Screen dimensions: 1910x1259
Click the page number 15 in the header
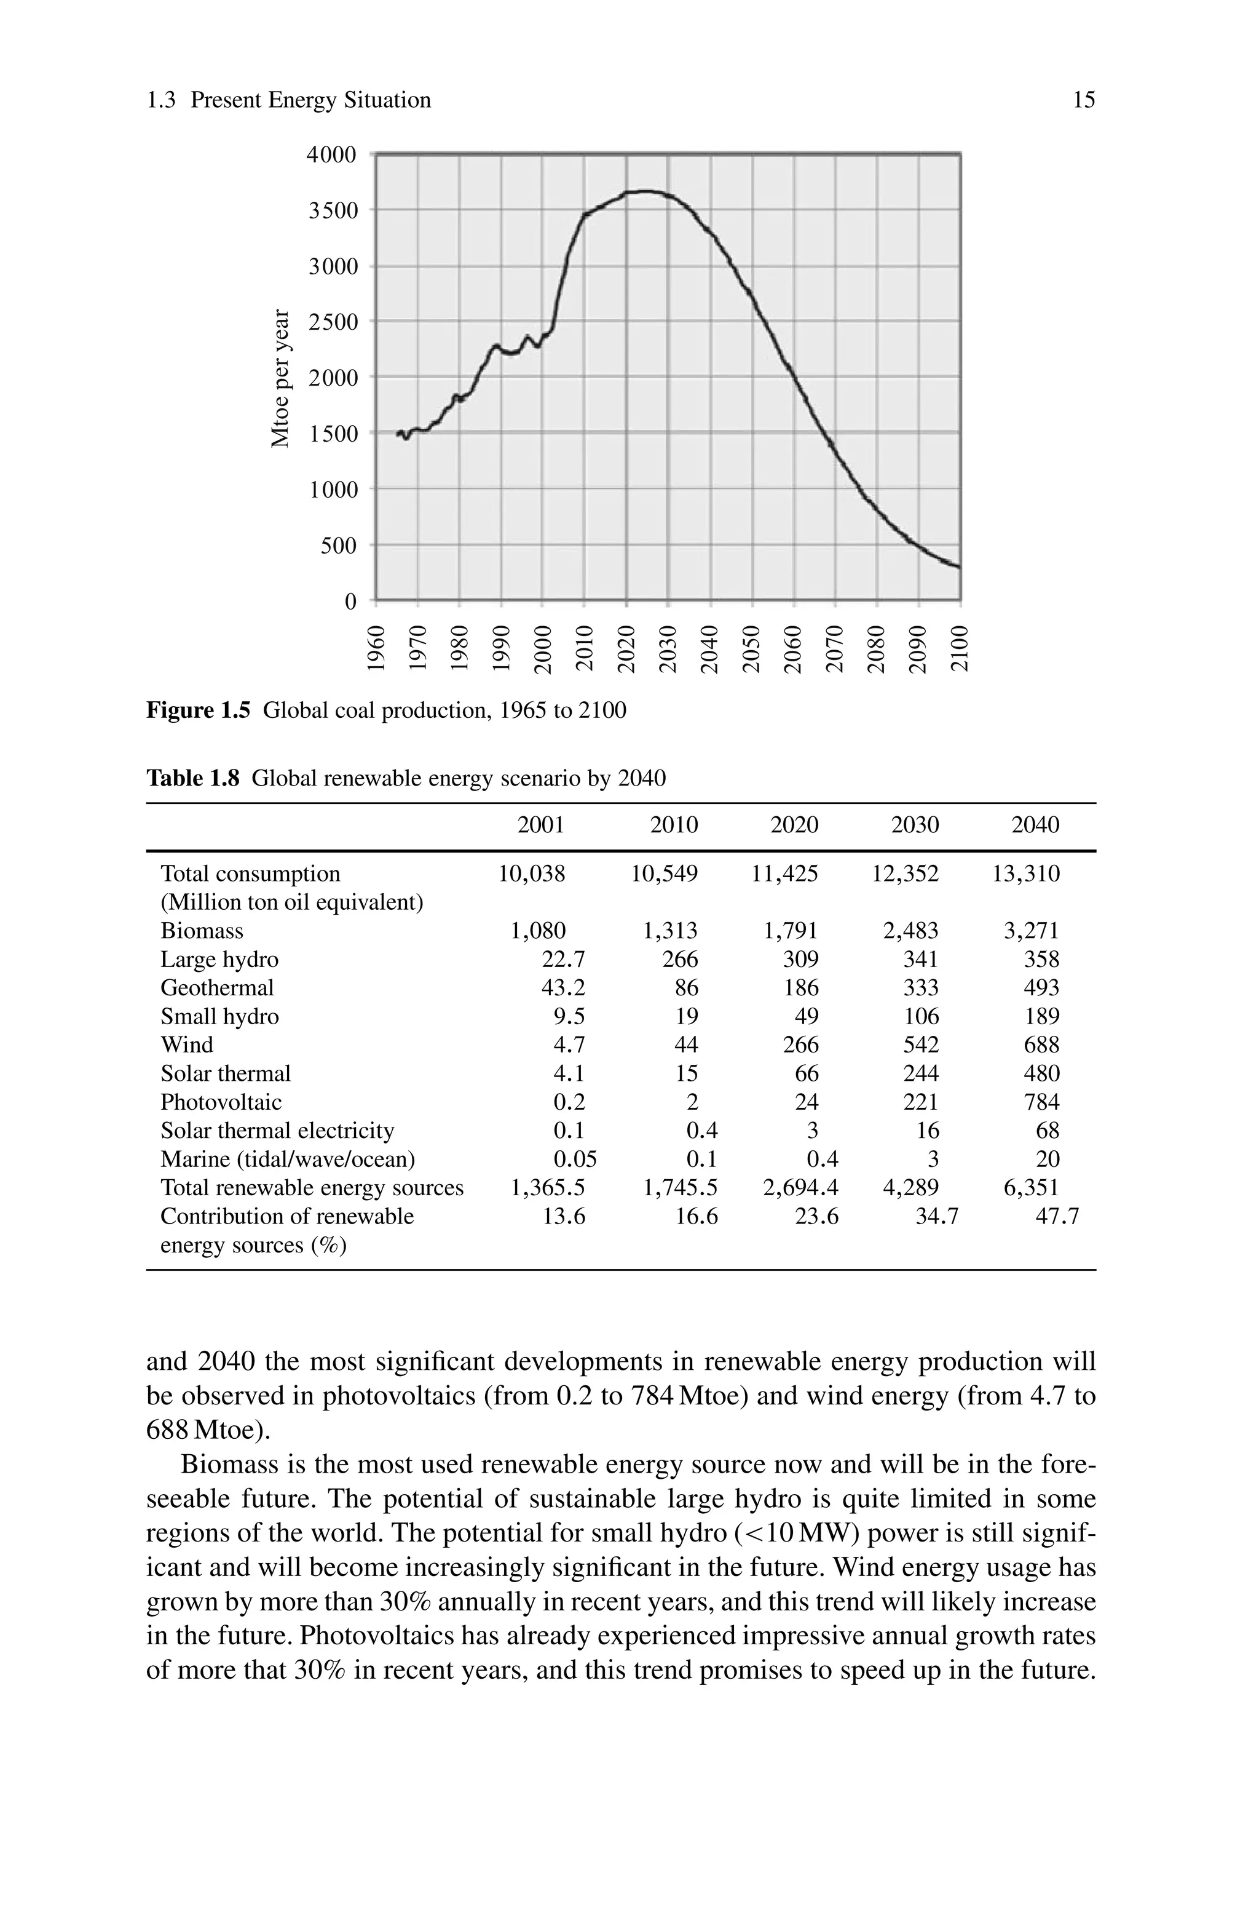pyautogui.click(x=1083, y=100)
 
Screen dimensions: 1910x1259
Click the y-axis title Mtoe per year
pyautogui.click(x=280, y=378)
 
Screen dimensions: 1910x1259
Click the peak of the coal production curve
pyautogui.click(x=646, y=191)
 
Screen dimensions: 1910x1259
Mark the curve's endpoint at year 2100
pyautogui.click(x=959, y=567)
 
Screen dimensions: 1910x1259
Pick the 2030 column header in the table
pyautogui.click(x=915, y=825)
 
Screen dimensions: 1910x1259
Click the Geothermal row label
pyautogui.click(x=217, y=987)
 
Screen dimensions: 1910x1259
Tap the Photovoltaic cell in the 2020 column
pyautogui.click(x=806, y=1101)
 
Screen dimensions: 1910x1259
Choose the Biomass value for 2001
pyautogui.click(x=538, y=930)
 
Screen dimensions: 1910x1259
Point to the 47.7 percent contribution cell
pyautogui.click(x=1057, y=1216)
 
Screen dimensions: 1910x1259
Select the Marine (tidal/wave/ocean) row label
pyautogui.click(x=288, y=1158)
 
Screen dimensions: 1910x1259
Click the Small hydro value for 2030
pyautogui.click(x=920, y=1016)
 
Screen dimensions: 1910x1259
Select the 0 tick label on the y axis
pyautogui.click(x=350, y=602)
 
